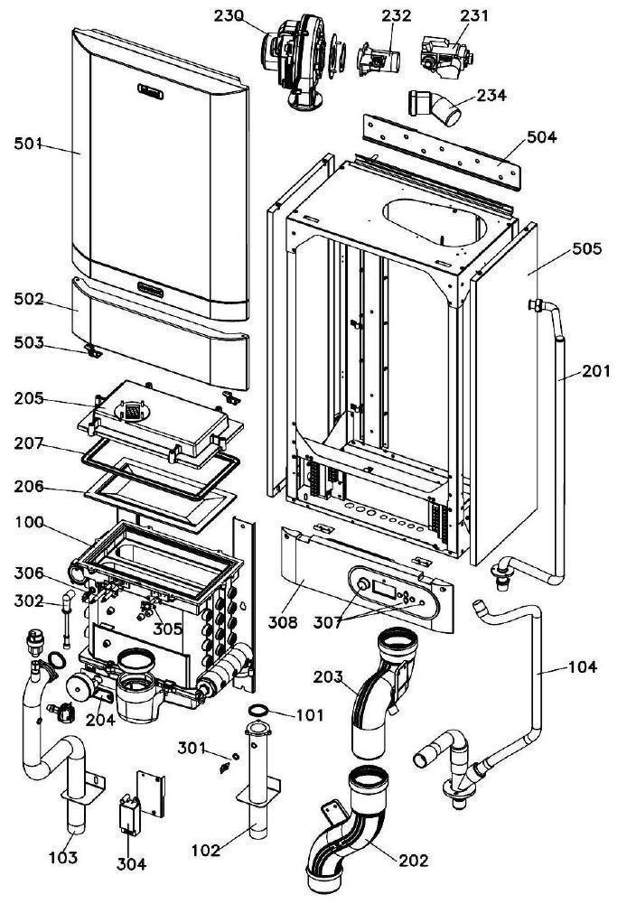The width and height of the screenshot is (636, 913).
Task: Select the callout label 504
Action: point(541,137)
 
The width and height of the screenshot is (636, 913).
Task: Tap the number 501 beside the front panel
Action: point(28,143)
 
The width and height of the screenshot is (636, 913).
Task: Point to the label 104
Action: point(582,667)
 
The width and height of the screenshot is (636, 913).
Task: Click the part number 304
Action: point(131,863)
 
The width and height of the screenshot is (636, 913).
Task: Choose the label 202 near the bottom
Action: point(414,860)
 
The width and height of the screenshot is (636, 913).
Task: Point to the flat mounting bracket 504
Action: point(443,150)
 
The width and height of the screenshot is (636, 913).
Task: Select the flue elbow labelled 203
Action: point(379,695)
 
